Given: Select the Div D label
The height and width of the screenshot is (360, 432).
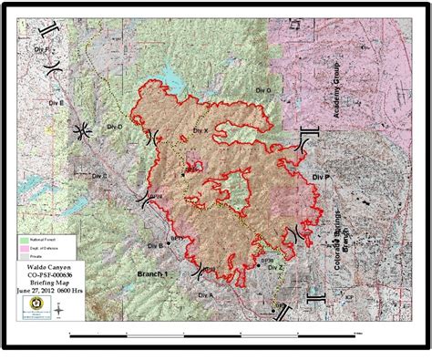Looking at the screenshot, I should coord(114,127).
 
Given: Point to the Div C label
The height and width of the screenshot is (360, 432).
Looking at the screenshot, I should coord(100,176).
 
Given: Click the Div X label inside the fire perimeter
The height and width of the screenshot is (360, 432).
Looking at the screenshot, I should coord(201,132).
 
